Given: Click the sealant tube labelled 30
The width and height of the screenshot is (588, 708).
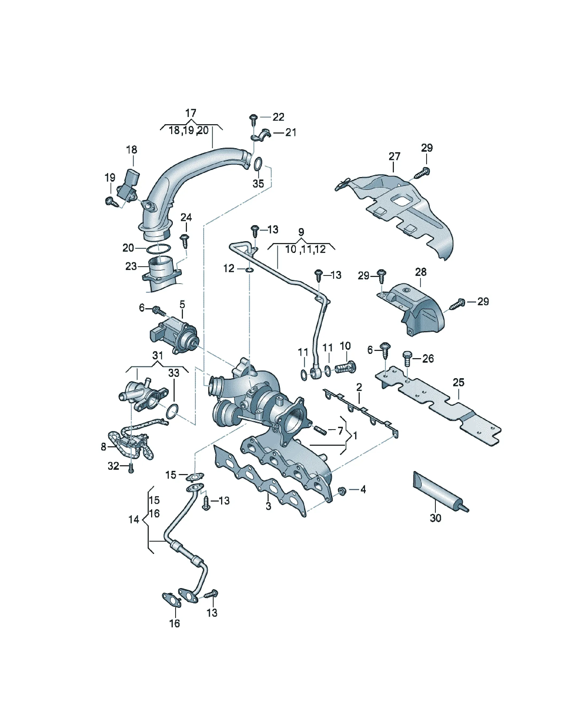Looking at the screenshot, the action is [x=440, y=492].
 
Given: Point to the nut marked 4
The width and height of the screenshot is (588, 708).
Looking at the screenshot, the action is [x=341, y=491].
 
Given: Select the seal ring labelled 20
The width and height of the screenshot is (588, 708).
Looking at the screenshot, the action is [x=158, y=249].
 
